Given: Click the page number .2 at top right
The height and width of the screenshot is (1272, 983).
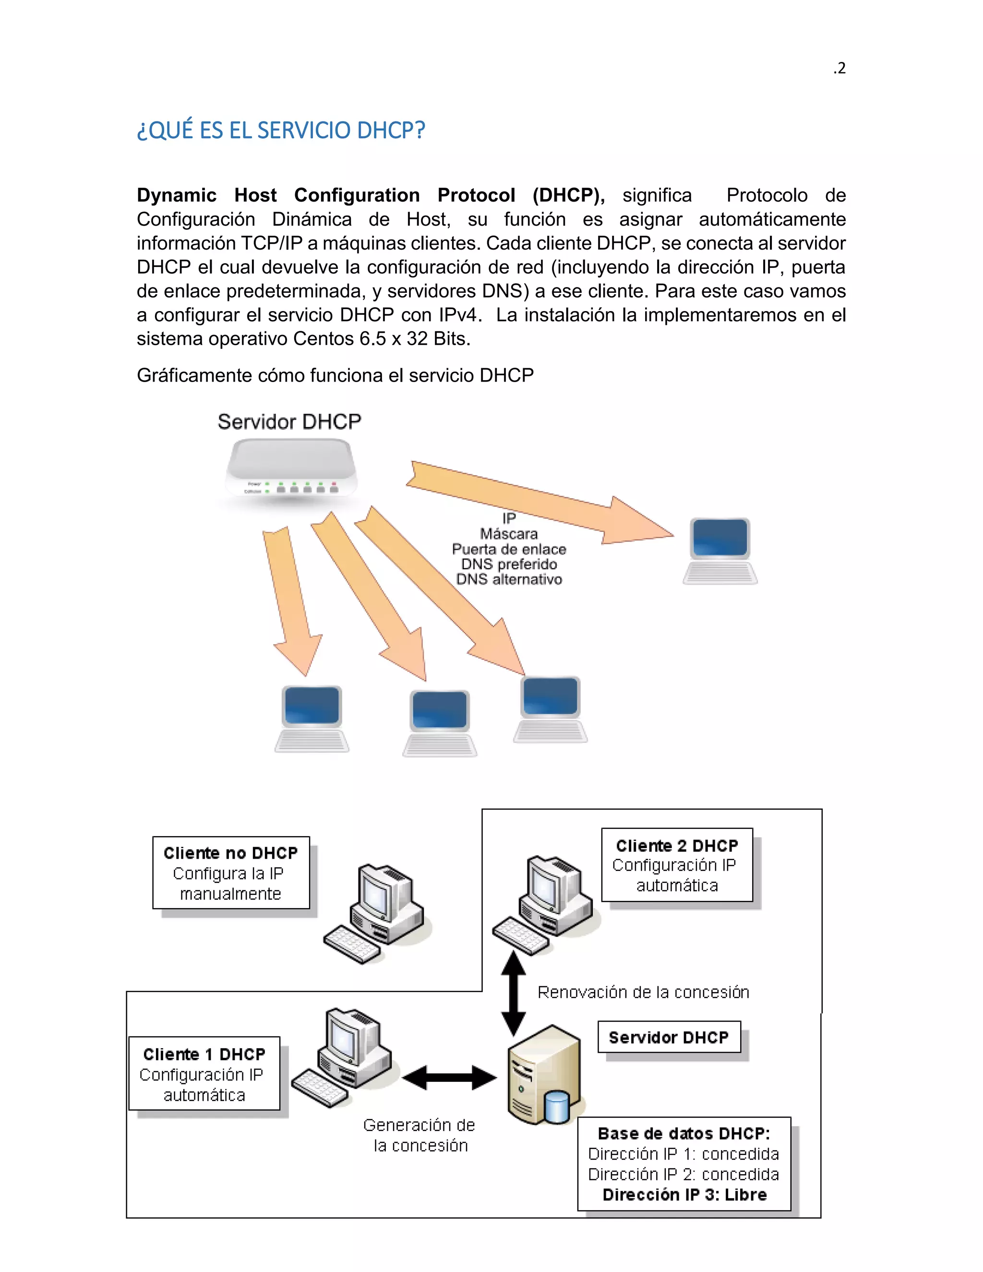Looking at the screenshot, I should pyautogui.click(x=839, y=69).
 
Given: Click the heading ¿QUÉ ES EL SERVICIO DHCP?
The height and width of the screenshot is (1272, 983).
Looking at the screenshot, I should pyautogui.click(x=281, y=131).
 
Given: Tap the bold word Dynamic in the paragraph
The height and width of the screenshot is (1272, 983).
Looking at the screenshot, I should pyautogui.click(x=177, y=195).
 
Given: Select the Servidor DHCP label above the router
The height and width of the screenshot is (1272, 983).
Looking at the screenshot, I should pyautogui.click(x=289, y=421).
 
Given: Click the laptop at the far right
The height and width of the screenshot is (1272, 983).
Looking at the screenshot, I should pyautogui.click(x=720, y=551).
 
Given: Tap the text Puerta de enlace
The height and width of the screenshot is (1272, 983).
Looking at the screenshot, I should pyautogui.click(x=509, y=549).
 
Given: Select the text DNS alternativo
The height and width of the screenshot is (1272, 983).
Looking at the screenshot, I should pyautogui.click(x=509, y=579).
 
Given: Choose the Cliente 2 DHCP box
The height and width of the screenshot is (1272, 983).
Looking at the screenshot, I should pyautogui.click(x=677, y=865).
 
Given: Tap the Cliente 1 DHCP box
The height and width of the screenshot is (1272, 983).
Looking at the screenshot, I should pyautogui.click(x=204, y=1074).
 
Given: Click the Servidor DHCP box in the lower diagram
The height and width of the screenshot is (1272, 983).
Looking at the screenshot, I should pyautogui.click(x=669, y=1037).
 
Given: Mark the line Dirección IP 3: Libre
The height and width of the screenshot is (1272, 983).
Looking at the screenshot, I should pyautogui.click(x=684, y=1195).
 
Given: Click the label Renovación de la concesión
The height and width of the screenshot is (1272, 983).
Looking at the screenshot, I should pyautogui.click(x=643, y=992).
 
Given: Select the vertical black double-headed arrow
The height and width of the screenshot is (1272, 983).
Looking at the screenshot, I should pyautogui.click(x=514, y=994).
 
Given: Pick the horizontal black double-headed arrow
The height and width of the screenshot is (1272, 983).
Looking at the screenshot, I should pyautogui.click(x=449, y=1078).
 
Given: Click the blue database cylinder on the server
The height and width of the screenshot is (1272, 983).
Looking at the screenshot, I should pyautogui.click(x=557, y=1106).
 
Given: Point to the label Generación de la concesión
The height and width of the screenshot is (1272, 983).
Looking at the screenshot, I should pyautogui.click(x=420, y=1135).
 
